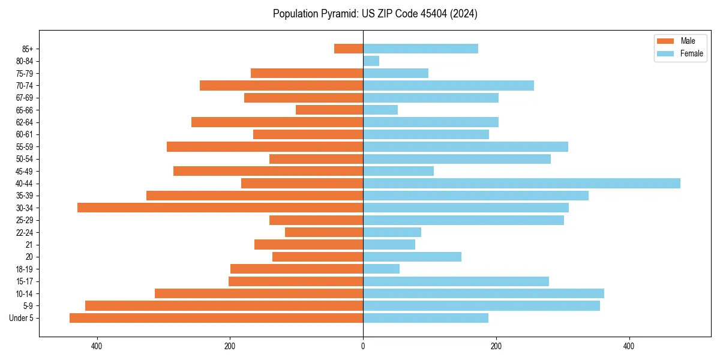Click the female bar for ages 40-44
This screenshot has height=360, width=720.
tap(521, 183)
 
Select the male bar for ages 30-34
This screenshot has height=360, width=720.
tap(220, 208)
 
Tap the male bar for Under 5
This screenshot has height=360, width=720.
tap(216, 318)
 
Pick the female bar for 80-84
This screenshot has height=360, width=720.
tap(371, 61)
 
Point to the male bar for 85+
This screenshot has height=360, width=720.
tap(349, 49)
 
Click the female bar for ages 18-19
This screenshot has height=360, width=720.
tap(381, 269)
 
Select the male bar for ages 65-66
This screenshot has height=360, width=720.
tap(329, 110)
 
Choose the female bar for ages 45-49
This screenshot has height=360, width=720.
tap(398, 171)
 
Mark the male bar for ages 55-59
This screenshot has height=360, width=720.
tap(265, 146)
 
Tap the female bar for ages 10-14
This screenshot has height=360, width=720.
tap(484, 293)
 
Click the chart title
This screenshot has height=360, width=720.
tap(375, 14)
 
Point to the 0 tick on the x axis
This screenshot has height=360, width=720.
tap(363, 346)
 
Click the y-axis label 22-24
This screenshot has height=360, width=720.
tap(25, 232)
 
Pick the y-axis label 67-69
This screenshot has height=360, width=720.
tap(25, 98)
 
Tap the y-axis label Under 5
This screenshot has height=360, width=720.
tap(22, 318)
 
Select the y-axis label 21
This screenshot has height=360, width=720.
tap(29, 245)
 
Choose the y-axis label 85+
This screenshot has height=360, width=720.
tap(27, 49)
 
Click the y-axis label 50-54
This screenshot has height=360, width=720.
tap(25, 159)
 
